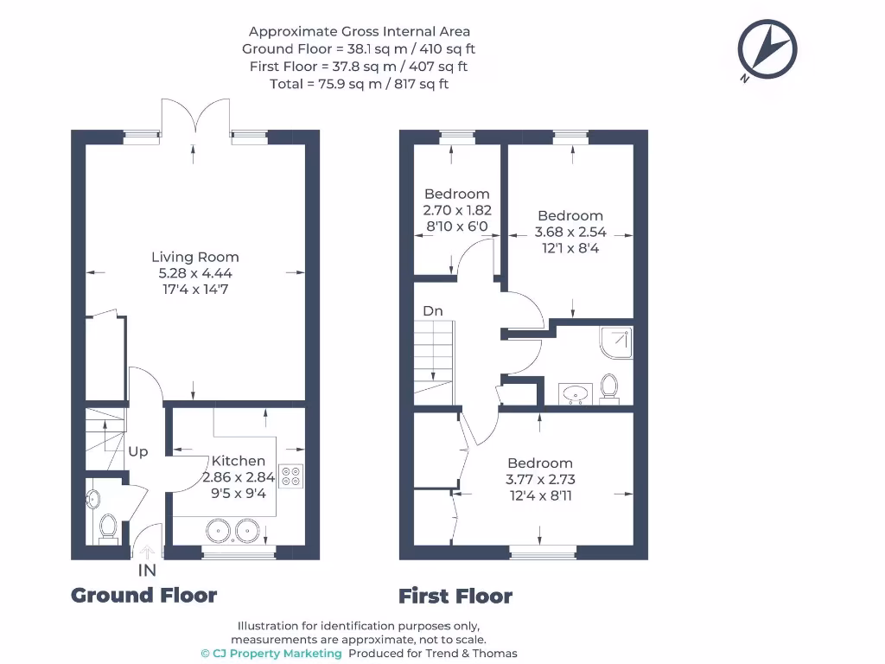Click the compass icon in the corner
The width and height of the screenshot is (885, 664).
click(767, 48)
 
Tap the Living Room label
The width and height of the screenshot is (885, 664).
click(194, 257)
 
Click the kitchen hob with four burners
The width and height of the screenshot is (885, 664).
click(291, 476)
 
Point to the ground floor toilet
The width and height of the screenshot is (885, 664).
click(109, 526)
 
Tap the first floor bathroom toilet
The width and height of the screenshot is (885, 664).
click(609, 387)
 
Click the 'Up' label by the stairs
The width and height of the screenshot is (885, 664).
click(138, 451)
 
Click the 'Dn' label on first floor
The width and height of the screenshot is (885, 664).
click(433, 310)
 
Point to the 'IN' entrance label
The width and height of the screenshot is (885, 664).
click(147, 571)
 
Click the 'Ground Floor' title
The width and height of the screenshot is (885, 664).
click(143, 595)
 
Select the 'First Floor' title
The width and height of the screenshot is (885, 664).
click(455, 596)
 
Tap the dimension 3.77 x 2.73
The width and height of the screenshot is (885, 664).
click(540, 479)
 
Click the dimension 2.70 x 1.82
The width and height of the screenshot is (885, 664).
click(456, 210)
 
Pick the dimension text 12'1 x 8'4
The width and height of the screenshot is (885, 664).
click(570, 248)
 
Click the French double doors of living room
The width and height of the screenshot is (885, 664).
click(195, 118)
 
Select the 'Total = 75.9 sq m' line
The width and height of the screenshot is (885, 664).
click(359, 84)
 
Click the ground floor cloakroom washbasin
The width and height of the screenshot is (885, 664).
click(93, 499)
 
